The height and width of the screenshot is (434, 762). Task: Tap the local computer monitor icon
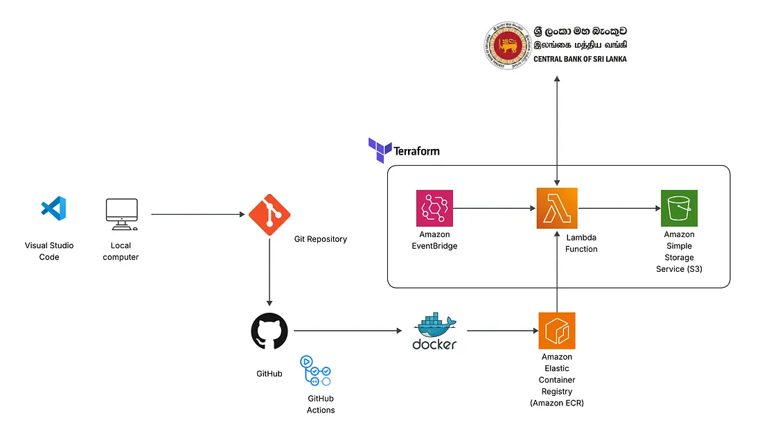[121, 214]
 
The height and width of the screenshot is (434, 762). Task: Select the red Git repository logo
[269, 214]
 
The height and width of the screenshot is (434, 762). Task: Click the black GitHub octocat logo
[269, 331]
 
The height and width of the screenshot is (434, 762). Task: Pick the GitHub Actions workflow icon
[316, 372]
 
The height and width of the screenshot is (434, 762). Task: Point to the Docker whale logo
[435, 331]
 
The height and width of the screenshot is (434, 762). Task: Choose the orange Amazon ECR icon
[557, 331]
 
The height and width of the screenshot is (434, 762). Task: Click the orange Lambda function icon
[557, 208]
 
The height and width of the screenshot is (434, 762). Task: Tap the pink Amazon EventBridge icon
[434, 208]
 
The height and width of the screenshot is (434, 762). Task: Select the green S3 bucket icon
[679, 208]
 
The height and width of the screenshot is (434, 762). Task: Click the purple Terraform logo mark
[380, 150]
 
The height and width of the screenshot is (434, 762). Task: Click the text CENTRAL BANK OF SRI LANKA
[580, 60]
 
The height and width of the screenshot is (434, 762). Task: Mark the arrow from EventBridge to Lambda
[495, 208]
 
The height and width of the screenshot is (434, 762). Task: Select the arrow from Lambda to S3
[619, 208]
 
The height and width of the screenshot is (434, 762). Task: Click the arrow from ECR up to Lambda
[557, 270]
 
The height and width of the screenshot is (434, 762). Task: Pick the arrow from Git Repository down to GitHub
[269, 270]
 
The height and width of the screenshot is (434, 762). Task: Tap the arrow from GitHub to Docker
[347, 331]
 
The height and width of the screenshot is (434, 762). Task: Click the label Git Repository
[321, 239]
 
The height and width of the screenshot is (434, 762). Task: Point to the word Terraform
[416, 150]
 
